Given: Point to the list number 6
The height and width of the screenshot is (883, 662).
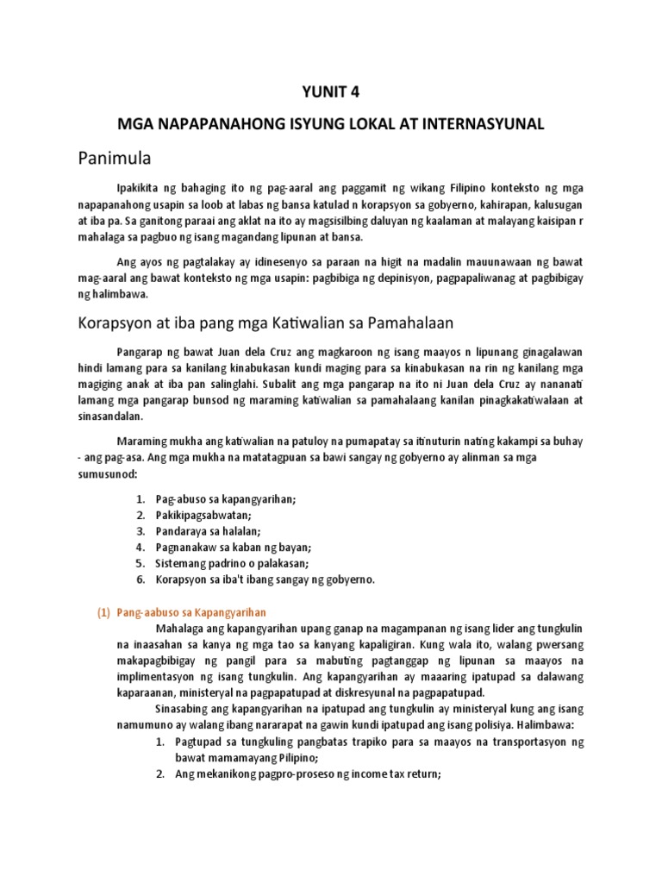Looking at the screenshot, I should [141, 579].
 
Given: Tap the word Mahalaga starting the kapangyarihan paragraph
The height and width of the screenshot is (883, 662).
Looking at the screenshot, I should [178, 628].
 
